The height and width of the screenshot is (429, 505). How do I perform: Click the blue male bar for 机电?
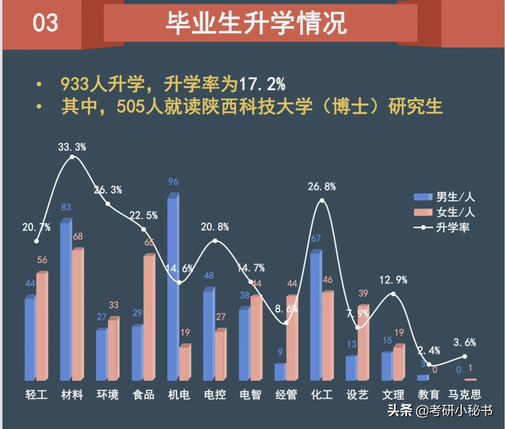173,289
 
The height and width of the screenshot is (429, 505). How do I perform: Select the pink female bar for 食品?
149,317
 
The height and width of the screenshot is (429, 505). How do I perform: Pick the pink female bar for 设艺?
363,342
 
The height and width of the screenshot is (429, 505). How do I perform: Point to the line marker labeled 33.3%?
72,157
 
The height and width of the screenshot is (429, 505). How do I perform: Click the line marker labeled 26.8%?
322,200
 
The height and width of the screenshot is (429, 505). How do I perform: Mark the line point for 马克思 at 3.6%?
465,356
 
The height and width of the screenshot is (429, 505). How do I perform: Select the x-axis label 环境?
108,394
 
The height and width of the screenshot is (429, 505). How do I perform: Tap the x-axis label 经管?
286,394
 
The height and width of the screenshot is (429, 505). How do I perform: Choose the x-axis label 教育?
429,394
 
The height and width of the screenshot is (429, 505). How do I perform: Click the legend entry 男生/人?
444,197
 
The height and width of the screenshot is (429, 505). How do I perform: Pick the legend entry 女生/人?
444,212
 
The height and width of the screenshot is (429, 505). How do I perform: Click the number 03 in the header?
45,23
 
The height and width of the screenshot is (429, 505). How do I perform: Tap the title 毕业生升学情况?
256,23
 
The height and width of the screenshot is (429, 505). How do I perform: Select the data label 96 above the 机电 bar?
173,182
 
